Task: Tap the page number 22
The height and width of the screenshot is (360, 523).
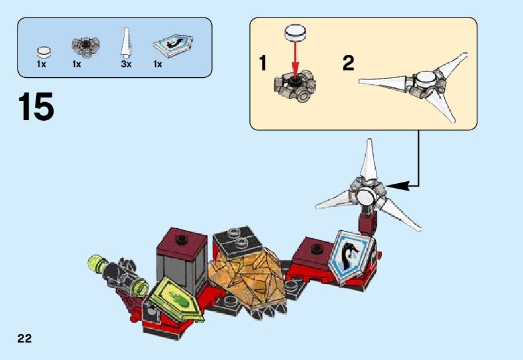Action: pyautogui.click(x=25, y=338)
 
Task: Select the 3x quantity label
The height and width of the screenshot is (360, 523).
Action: pyautogui.click(x=127, y=64)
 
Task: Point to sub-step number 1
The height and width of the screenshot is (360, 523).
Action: pyautogui.click(x=263, y=63)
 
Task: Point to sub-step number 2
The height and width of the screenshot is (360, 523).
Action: pyautogui.click(x=348, y=63)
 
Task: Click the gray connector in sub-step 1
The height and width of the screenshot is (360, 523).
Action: pyautogui.click(x=294, y=86)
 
